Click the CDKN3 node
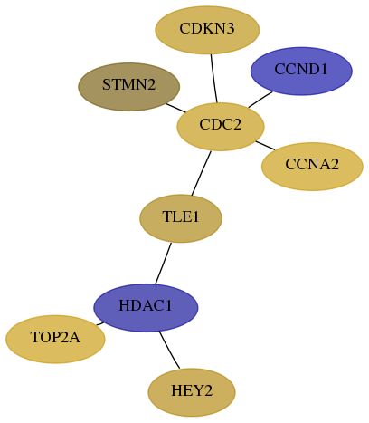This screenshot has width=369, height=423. coord(207,30)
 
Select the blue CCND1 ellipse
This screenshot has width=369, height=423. coord(301,71)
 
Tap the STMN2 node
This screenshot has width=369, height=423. coord(129,87)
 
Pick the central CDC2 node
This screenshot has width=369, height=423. coord(221,127)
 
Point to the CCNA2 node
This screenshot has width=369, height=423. coord(312,167)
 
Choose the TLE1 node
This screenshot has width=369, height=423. coord(181,218)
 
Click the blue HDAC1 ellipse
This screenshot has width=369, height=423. coord(146,308)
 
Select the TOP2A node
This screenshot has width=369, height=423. coord(55,339)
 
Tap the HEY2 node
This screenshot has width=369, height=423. coord(192,392)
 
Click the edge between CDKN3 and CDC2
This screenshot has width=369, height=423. coord(213,79)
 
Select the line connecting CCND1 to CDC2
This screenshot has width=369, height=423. coord(260,100)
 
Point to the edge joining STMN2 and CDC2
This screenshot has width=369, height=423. coord(176,108)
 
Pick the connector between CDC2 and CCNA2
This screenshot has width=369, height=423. coord(265,145)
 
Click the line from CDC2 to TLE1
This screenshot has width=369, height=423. coord(201,173)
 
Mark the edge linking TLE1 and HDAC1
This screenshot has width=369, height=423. coord(164,264)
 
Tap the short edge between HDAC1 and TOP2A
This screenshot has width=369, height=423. coord(100,323)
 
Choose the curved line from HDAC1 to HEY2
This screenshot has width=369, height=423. coord(169,351)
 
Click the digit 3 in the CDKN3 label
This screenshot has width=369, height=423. coord(230,29)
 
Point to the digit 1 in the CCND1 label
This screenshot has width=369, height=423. coord(324,70)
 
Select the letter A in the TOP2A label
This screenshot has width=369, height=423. coord(74,337)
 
